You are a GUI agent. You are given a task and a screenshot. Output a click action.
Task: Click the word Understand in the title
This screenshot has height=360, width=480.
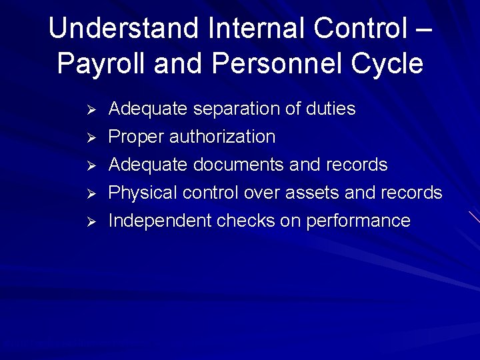(125, 29)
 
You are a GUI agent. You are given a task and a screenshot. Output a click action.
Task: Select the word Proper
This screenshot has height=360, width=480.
(136, 137)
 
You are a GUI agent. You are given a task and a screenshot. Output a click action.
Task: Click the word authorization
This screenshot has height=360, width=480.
(222, 137)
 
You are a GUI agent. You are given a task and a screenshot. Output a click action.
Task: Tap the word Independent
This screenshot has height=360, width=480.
(159, 221)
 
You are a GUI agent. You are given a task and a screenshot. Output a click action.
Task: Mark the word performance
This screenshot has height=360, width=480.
(358, 221)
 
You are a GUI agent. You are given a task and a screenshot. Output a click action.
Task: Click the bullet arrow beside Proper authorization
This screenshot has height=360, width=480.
(93, 137)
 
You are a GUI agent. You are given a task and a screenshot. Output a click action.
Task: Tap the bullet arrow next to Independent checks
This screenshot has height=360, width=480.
(93, 221)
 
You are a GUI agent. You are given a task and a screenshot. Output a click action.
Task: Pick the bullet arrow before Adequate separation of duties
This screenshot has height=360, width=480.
(93, 109)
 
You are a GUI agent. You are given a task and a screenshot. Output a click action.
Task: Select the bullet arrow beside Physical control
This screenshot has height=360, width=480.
(93, 193)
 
